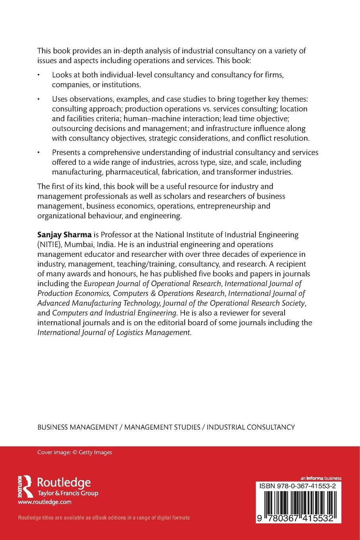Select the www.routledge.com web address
44,502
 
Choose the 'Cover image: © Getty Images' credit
75,452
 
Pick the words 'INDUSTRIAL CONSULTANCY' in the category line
251,427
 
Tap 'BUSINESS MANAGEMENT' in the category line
77,427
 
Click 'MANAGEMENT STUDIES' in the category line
162,427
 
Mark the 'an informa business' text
321,478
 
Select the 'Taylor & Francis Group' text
67,493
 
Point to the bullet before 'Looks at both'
39,75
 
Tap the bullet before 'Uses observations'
39,98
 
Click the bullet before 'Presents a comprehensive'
39,153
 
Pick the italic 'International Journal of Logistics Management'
114,332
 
